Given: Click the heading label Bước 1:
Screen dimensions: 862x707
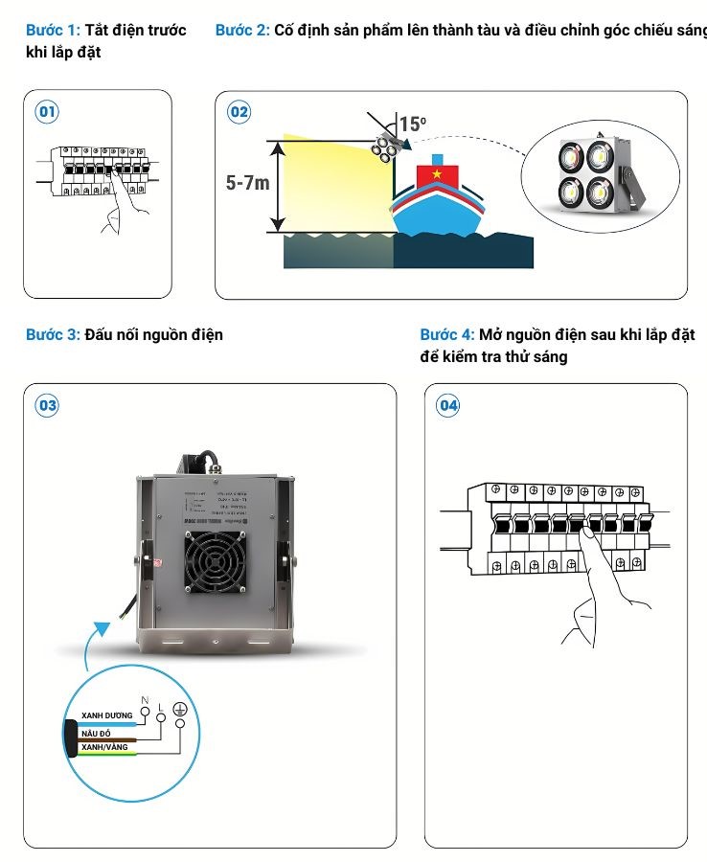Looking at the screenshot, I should tap(53, 31).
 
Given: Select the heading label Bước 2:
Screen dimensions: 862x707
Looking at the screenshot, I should tap(242, 31).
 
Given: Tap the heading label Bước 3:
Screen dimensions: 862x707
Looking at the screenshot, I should tap(53, 334).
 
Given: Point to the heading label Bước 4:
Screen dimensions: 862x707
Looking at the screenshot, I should tap(447, 334).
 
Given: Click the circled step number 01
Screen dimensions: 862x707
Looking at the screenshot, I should tap(47, 112).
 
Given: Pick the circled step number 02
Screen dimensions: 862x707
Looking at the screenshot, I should tap(239, 112).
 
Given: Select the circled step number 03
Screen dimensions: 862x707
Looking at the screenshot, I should tap(47, 405).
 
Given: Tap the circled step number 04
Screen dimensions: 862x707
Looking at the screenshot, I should tap(448, 405).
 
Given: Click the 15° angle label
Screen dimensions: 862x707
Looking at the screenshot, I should tap(413, 125).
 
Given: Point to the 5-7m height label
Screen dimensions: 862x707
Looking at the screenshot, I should tap(248, 182).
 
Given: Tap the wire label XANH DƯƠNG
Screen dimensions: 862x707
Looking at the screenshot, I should tap(107, 715).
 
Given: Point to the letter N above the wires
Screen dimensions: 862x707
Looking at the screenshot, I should tap(145, 698).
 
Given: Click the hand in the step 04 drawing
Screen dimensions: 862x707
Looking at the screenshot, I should tap(594, 594).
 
